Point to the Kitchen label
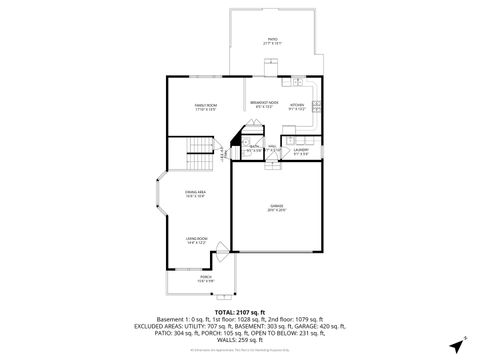pos(297,106)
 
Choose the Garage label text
pos(276,207)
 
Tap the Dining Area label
pos(195,193)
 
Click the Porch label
pos(207,280)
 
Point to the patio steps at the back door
pos(270,66)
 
